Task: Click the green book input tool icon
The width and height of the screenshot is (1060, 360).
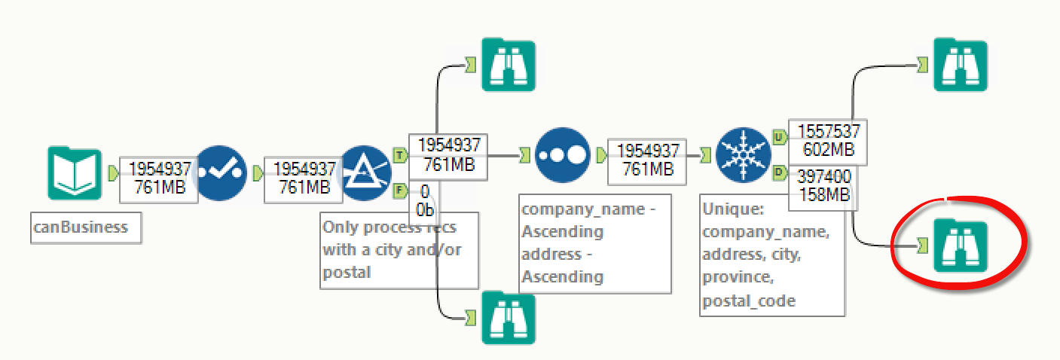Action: (x=74, y=174)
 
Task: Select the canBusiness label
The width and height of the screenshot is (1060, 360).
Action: (x=85, y=227)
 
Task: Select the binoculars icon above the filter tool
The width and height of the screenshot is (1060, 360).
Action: (x=509, y=65)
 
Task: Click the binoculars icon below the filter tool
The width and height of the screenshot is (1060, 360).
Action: (x=509, y=317)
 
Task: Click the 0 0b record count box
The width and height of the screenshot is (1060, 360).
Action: (x=424, y=200)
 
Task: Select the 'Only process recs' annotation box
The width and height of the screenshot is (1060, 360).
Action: (x=399, y=250)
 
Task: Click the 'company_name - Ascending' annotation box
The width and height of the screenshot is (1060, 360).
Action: (x=595, y=243)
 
